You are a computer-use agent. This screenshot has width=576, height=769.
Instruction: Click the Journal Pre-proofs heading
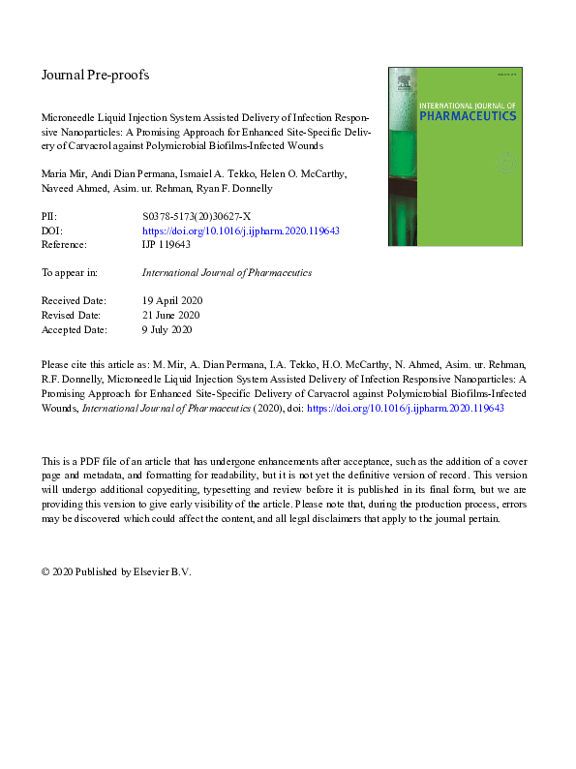coord(95,75)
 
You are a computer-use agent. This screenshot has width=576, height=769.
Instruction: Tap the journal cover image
coord(454,155)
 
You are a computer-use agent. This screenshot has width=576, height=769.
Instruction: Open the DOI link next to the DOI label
coord(240,231)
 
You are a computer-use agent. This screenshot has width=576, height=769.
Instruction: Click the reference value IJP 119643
coord(166,245)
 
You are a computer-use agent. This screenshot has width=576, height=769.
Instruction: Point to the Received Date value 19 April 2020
coord(172,301)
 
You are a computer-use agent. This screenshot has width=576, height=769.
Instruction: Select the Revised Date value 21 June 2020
coord(170,315)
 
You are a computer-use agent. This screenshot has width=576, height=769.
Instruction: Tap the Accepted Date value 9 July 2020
coord(167,329)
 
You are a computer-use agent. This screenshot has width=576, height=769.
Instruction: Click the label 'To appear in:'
coord(70,273)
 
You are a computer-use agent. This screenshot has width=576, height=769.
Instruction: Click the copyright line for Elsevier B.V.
coord(116,571)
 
